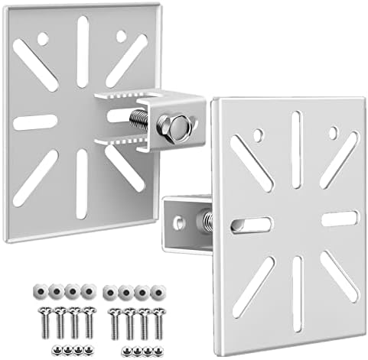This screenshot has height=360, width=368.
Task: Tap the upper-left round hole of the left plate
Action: [44, 36]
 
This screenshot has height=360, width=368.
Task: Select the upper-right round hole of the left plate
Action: [121, 35]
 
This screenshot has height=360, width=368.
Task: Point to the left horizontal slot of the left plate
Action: [35, 122]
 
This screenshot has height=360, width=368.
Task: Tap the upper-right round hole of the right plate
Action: [333, 133]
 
